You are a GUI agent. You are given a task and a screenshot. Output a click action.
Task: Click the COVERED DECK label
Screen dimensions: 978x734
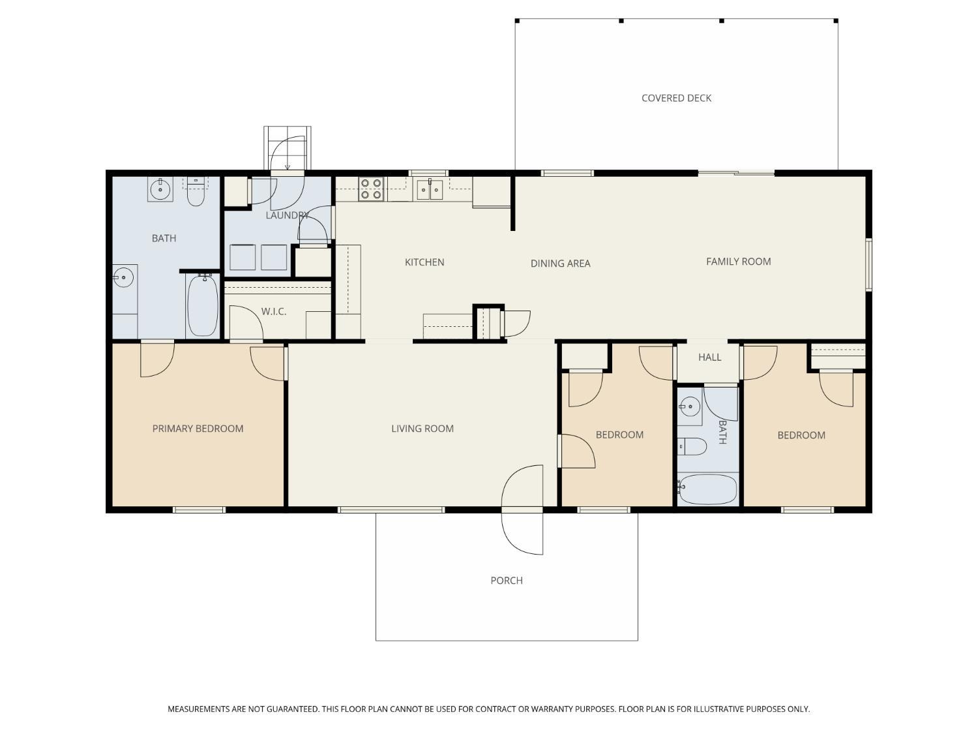(676, 98)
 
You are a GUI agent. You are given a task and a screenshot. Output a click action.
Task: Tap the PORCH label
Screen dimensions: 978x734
(506, 580)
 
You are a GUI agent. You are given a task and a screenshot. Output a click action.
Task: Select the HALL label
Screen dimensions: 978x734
(709, 357)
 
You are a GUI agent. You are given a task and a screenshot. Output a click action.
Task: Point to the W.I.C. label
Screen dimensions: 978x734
(274, 311)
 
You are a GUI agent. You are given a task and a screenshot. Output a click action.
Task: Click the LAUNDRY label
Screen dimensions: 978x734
(288, 215)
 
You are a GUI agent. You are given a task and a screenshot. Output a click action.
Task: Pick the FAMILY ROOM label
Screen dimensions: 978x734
(738, 262)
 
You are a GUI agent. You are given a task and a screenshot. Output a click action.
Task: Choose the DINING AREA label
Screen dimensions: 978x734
(560, 264)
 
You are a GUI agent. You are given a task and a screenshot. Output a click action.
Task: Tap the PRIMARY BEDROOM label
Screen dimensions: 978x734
(198, 428)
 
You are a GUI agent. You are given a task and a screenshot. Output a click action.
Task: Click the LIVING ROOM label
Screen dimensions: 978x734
(422, 428)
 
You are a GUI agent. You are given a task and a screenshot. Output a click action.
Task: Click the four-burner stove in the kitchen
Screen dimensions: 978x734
(371, 189)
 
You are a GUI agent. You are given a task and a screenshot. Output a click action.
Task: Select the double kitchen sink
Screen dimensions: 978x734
(430, 189)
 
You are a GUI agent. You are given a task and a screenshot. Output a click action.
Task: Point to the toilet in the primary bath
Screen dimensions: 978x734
(196, 192)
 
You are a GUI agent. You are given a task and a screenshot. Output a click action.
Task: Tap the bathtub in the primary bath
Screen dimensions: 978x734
(203, 305)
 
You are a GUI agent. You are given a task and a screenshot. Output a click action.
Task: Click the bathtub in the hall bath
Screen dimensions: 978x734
(707, 489)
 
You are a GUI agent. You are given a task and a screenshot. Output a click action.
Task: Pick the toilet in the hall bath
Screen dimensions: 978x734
(692, 446)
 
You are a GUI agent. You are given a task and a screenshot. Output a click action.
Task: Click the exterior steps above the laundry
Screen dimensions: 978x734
(288, 148)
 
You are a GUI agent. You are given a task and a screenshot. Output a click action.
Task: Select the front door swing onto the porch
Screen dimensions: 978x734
(522, 533)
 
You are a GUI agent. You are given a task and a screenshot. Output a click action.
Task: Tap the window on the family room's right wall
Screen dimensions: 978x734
(868, 265)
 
